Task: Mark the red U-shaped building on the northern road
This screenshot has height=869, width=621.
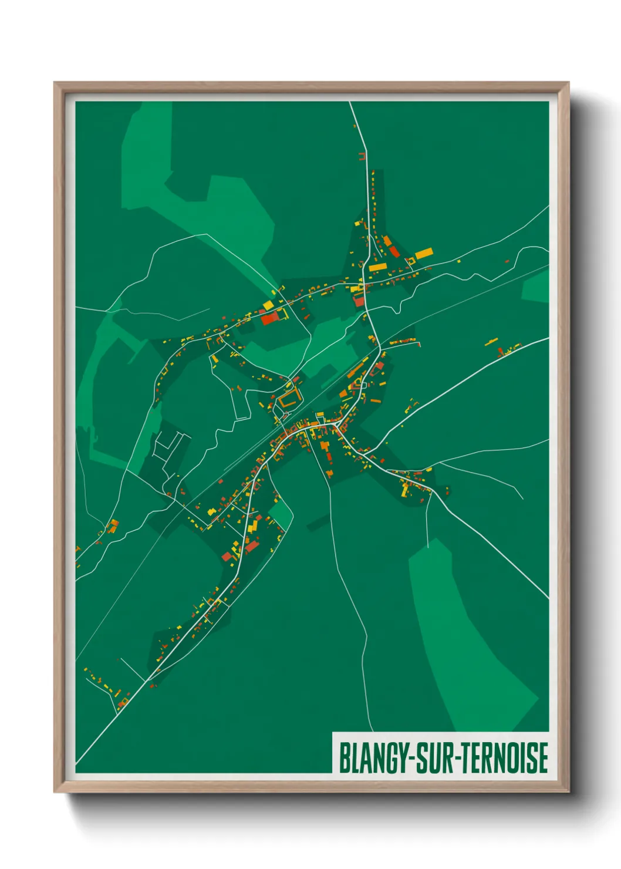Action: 362,156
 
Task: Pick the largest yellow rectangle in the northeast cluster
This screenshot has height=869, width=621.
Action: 424,254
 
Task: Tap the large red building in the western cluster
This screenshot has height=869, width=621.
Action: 269,319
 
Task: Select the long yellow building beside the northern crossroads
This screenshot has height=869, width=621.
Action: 377,268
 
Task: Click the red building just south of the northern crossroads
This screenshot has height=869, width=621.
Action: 359,301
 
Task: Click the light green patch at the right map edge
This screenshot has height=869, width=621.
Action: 536,287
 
